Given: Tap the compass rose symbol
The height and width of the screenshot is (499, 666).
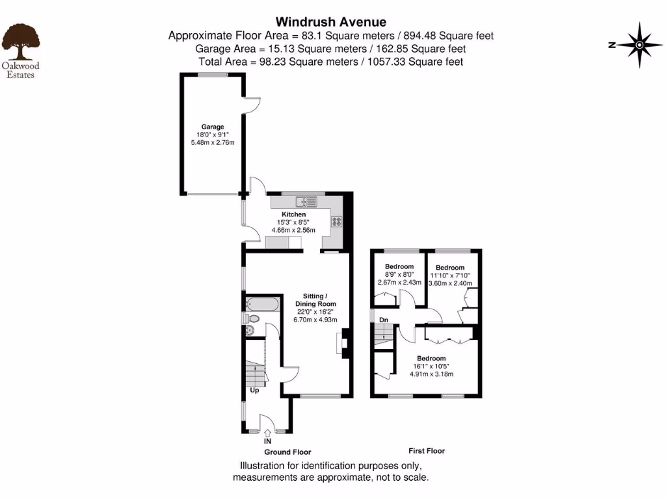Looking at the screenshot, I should click(x=640, y=45).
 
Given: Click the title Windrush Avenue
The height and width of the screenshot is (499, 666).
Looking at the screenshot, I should click(x=332, y=22).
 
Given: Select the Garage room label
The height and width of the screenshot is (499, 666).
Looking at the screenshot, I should click(x=212, y=127).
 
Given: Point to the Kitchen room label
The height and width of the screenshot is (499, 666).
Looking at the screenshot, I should click(x=293, y=214).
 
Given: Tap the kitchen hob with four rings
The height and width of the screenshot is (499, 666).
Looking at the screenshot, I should click(x=338, y=221).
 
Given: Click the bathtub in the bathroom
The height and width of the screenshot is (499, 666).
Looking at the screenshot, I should click(x=263, y=303).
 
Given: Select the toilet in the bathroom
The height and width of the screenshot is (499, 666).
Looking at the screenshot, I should click(x=252, y=319).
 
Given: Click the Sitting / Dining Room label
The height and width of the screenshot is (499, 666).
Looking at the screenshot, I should click(x=315, y=300).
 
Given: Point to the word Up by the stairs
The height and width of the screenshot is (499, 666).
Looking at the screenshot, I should click(x=255, y=390).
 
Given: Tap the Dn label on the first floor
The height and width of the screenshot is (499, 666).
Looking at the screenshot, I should click(x=384, y=320).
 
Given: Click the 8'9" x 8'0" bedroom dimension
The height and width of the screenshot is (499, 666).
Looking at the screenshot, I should click(x=399, y=274).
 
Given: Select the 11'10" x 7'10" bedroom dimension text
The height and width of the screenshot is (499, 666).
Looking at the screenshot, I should click(x=450, y=275).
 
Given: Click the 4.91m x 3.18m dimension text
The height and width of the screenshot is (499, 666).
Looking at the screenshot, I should click(x=431, y=374).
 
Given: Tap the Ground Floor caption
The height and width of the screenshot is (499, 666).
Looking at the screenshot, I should click(x=287, y=452).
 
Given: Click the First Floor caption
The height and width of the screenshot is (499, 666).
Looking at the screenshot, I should click(x=427, y=451).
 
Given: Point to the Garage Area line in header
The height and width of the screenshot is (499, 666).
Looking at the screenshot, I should click(x=331, y=49).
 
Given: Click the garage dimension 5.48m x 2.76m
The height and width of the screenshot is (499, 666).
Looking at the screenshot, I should click(x=212, y=142).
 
